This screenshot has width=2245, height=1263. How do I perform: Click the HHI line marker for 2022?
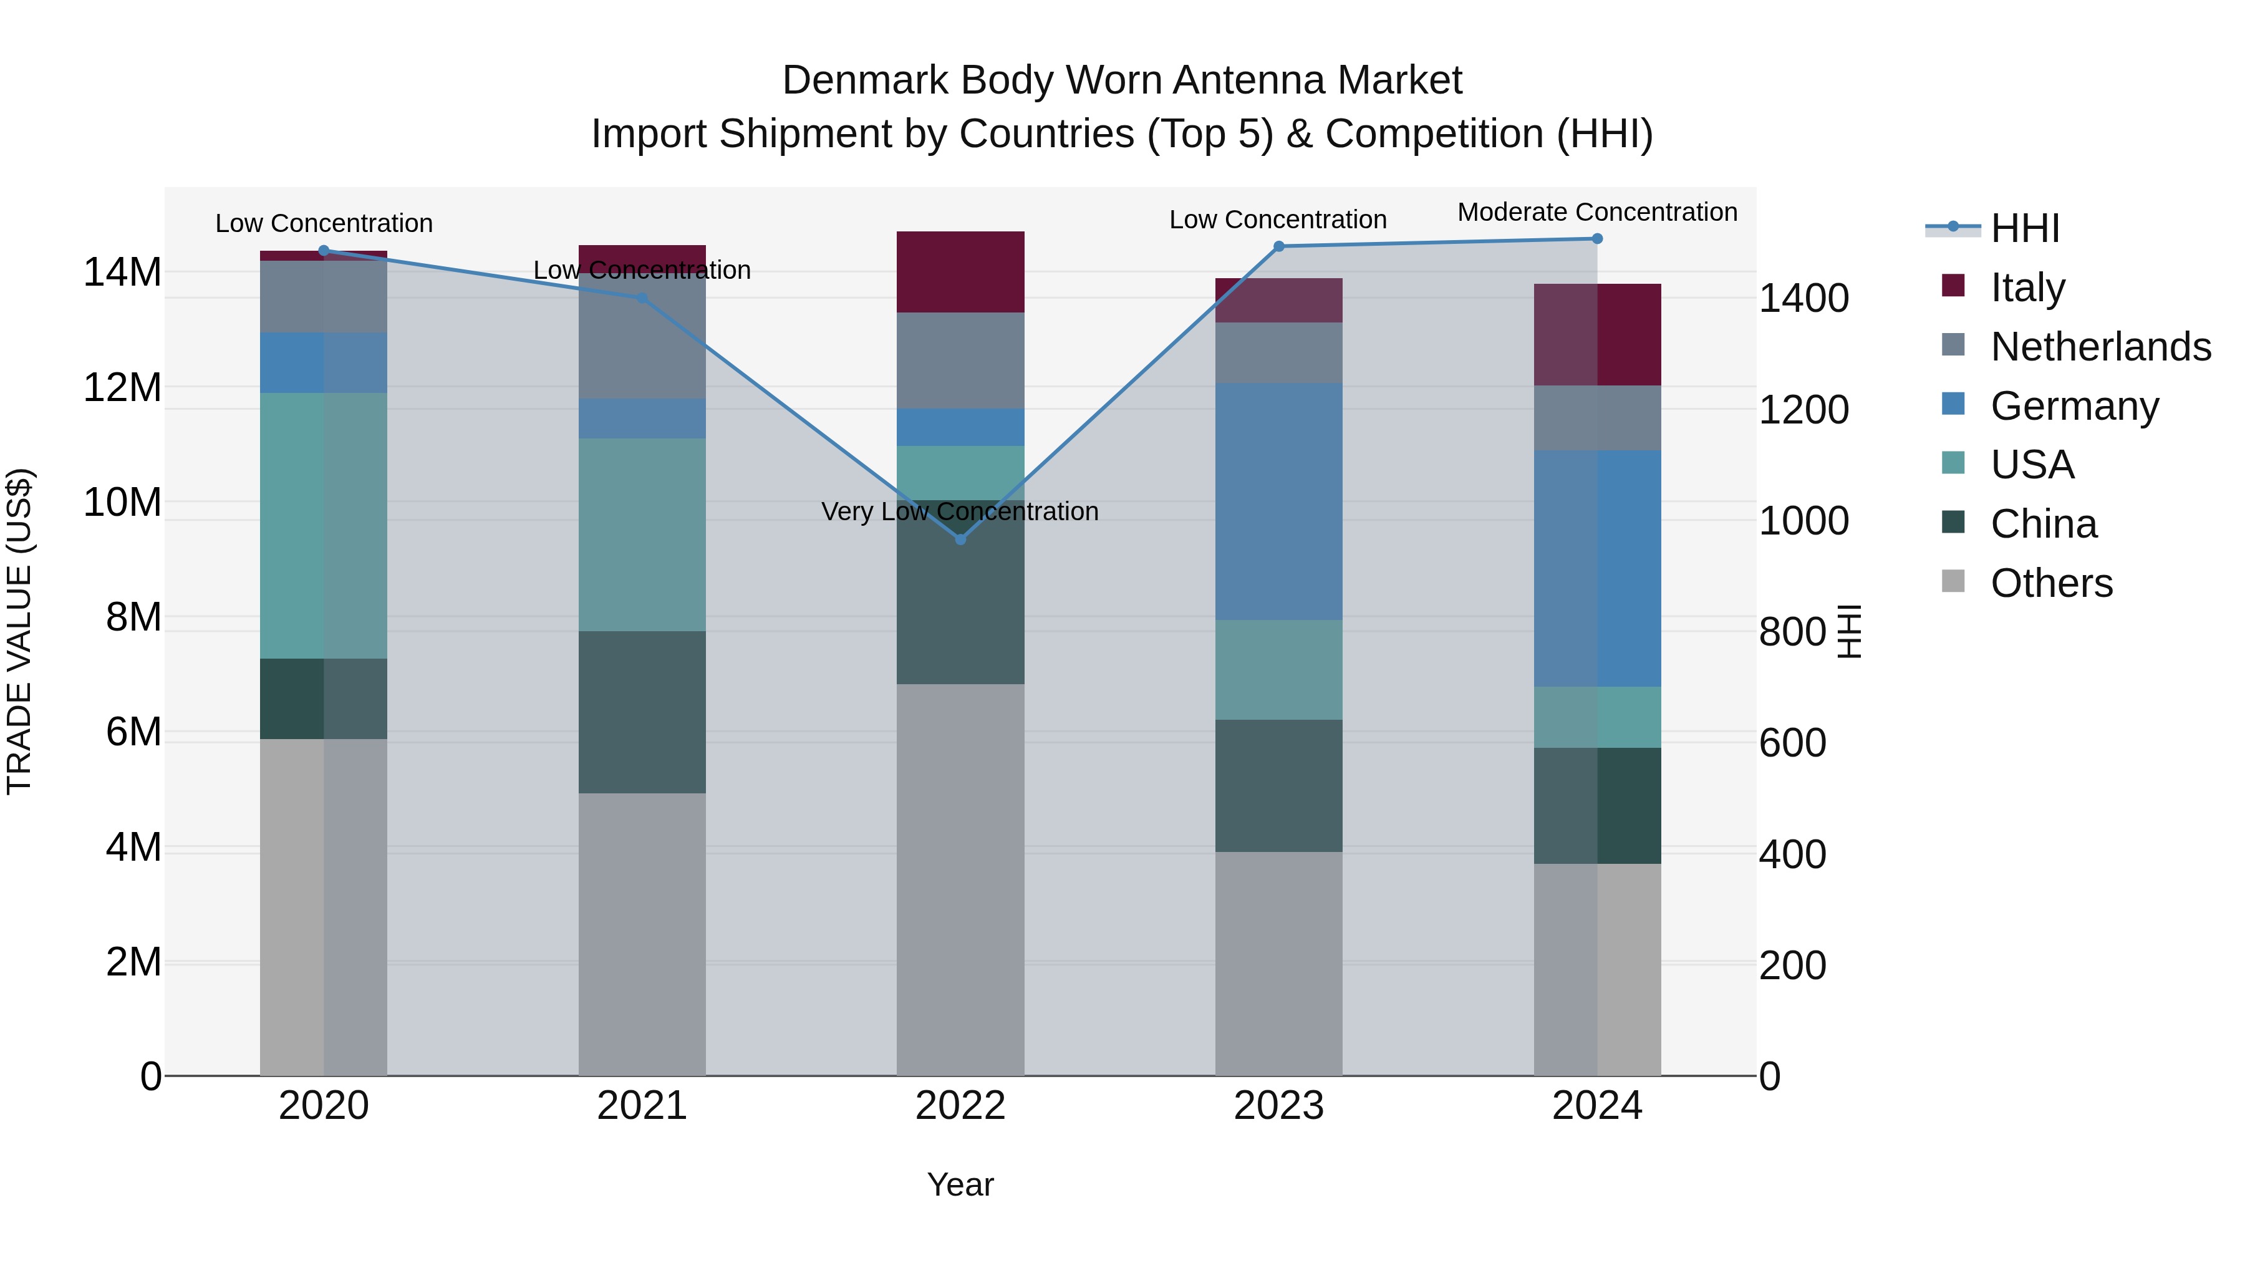pyautogui.click(x=960, y=540)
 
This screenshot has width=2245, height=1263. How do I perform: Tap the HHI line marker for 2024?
pyautogui.click(x=1596, y=239)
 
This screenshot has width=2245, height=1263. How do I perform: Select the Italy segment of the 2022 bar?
pyautogui.click(x=960, y=272)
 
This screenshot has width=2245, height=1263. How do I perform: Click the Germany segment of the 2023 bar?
pyautogui.click(x=1278, y=501)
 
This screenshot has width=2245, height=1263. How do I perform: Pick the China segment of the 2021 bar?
pyautogui.click(x=642, y=712)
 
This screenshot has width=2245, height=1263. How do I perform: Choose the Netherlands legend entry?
pyautogui.click(x=2100, y=347)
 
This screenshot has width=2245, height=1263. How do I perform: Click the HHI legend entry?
pyautogui.click(x=2024, y=228)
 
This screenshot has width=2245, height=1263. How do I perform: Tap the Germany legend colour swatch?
pyautogui.click(x=1954, y=404)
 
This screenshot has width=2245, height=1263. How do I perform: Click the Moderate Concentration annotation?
pyautogui.click(x=1596, y=212)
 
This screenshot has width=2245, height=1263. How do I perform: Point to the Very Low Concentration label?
pyautogui.click(x=960, y=511)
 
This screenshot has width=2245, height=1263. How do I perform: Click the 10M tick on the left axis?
pyautogui.click(x=122, y=503)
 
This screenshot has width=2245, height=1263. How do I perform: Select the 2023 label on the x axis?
pyautogui.click(x=1278, y=1106)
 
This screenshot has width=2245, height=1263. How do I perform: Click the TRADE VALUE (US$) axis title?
pyautogui.click(x=19, y=631)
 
